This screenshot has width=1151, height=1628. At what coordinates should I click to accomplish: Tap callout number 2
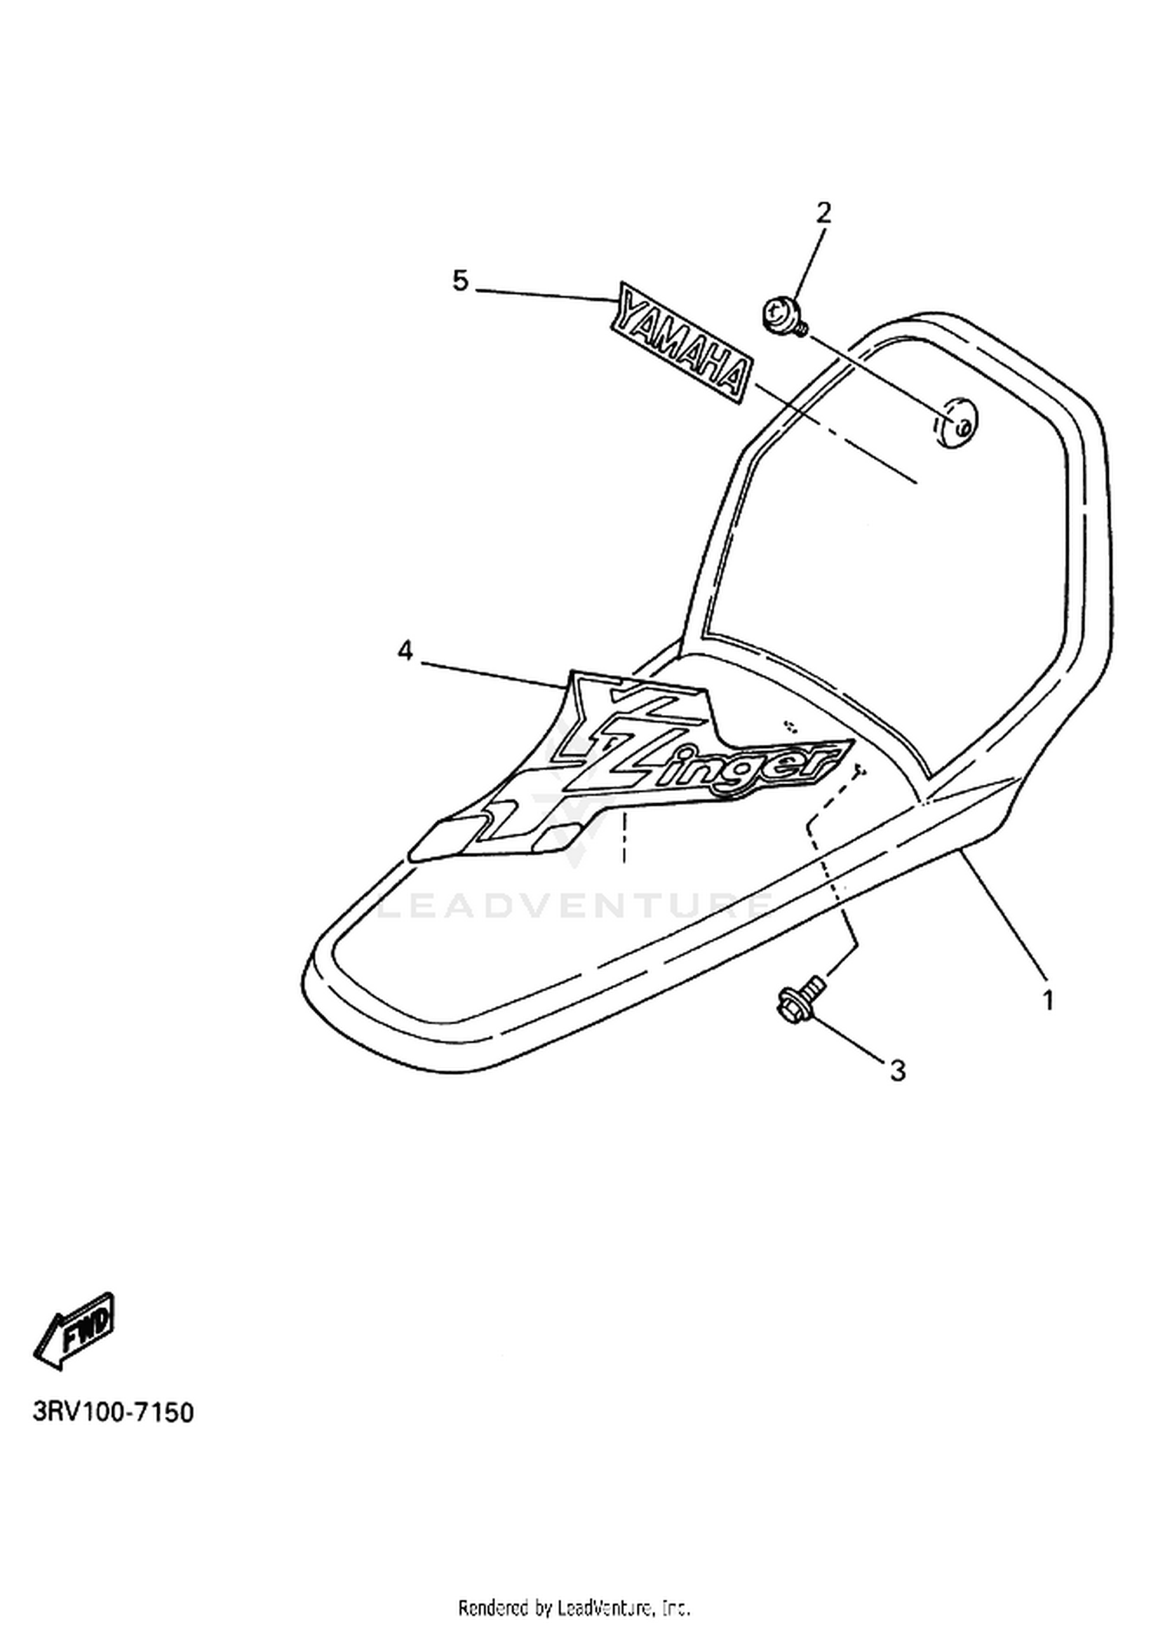823,213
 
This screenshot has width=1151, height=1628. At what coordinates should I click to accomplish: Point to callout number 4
404,651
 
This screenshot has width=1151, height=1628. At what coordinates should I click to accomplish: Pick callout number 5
460,282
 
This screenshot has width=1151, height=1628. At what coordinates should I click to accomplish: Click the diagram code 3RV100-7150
113,1412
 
